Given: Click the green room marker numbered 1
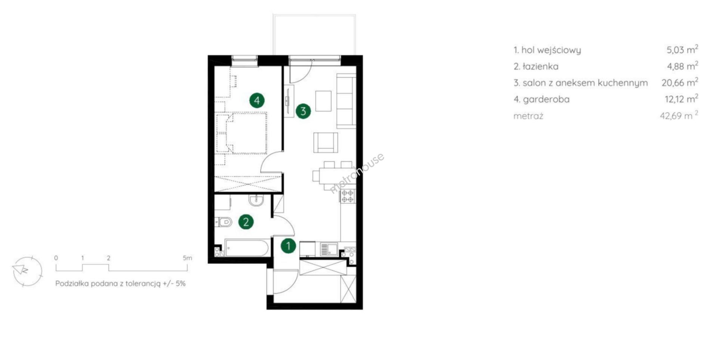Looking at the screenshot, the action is tap(288, 246).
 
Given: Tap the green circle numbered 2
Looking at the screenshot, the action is tap(246, 222).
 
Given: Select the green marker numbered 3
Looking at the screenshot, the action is tap(303, 111).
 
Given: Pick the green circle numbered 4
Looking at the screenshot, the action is tap(257, 100).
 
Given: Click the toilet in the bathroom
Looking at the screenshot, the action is tap(223, 223).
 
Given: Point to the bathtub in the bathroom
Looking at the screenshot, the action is tap(246, 248).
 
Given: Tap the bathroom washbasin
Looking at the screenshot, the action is tap(256, 201).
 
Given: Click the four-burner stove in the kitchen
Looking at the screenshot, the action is tap(348, 196).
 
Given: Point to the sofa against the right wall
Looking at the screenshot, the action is tap(346, 101).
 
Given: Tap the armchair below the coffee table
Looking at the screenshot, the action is tap(326, 143).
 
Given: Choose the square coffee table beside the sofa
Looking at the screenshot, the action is tap(323, 101).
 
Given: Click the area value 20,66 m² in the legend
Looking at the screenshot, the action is tap(680, 82).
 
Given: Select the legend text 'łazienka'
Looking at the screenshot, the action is tap(540, 66).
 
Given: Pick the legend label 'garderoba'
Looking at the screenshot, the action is tap(546, 99).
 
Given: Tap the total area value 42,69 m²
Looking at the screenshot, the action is tap(679, 115).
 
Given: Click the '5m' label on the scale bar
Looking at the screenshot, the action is tap(187, 258).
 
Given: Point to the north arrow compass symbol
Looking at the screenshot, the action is tap(27, 271).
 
